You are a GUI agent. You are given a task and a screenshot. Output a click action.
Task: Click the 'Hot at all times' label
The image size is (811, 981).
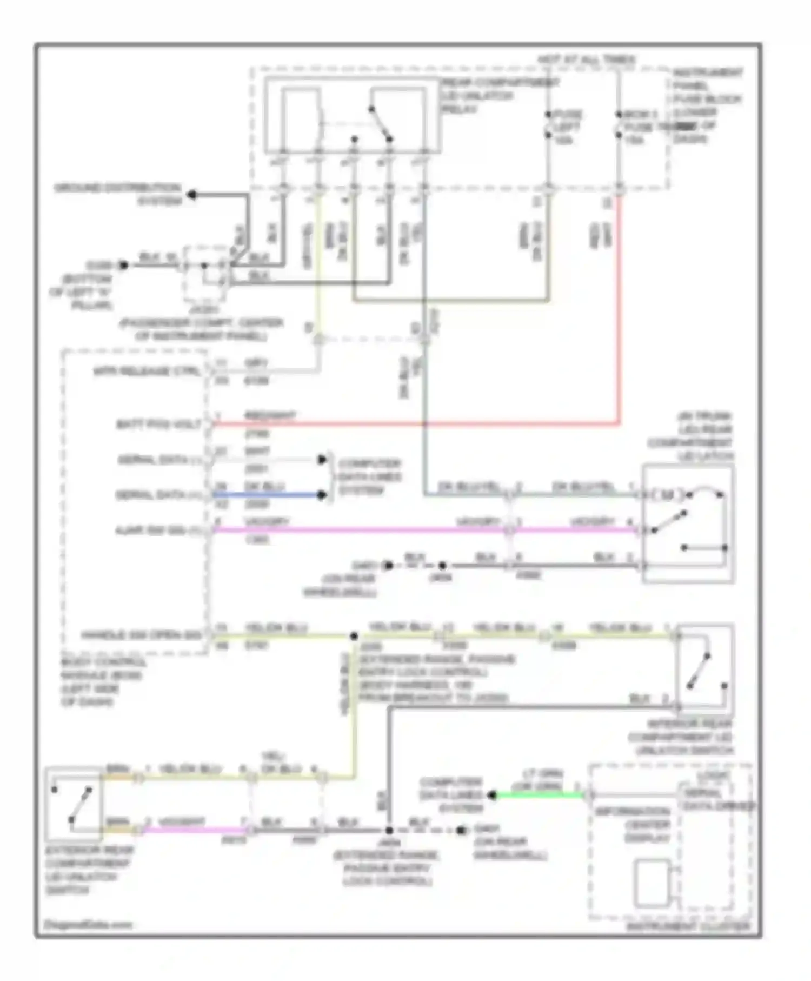click(586, 59)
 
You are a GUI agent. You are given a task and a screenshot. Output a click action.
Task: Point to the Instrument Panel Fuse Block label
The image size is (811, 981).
click(707, 105)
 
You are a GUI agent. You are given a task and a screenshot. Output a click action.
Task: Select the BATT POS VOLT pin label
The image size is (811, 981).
click(159, 425)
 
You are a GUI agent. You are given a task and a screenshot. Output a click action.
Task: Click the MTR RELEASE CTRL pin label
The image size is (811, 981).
click(147, 372)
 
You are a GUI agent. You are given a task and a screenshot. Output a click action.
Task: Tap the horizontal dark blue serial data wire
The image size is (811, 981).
click(268, 495)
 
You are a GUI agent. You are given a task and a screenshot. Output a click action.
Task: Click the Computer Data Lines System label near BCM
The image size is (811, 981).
click(369, 477)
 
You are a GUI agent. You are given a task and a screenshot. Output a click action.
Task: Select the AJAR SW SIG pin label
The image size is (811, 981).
click(157, 531)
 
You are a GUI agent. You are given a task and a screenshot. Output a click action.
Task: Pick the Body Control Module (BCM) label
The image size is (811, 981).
click(103, 681)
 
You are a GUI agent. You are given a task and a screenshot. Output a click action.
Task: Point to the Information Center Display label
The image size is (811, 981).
click(632, 825)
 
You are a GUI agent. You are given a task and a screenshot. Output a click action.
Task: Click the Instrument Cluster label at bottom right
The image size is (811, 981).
click(688, 926)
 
